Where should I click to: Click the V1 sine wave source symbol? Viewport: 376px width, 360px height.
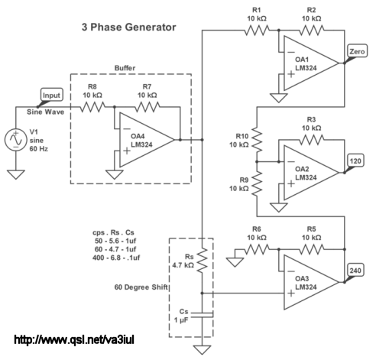click(x=16, y=140)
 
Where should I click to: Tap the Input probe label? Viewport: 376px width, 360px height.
click(x=52, y=96)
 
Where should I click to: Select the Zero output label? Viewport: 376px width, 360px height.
click(x=357, y=51)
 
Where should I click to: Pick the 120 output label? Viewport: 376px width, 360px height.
click(x=355, y=161)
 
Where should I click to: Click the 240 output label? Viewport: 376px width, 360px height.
click(x=355, y=271)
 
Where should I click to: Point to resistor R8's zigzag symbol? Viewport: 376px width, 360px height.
click(x=92, y=107)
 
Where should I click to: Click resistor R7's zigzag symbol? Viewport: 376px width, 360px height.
click(x=147, y=107)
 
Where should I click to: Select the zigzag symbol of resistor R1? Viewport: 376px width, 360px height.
click(x=257, y=31)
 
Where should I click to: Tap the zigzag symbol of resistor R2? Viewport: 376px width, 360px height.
click(x=312, y=31)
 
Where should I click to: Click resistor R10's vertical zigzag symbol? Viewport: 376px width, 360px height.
click(x=257, y=141)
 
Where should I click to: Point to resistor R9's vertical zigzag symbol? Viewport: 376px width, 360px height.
click(x=257, y=183)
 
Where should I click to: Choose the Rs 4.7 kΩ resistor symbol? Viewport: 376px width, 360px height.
click(x=203, y=260)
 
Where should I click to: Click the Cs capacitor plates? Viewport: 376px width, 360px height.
click(x=202, y=315)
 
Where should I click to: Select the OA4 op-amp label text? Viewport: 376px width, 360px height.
click(x=138, y=136)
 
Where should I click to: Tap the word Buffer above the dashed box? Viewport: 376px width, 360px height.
click(x=125, y=68)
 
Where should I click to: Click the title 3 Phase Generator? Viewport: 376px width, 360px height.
click(x=128, y=27)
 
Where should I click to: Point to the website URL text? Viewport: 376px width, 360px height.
click(x=74, y=339)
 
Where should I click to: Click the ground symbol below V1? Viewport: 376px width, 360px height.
click(x=16, y=174)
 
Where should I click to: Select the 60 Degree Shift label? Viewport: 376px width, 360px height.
click(x=141, y=287)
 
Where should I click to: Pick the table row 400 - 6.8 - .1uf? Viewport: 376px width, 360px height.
click(x=116, y=258)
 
